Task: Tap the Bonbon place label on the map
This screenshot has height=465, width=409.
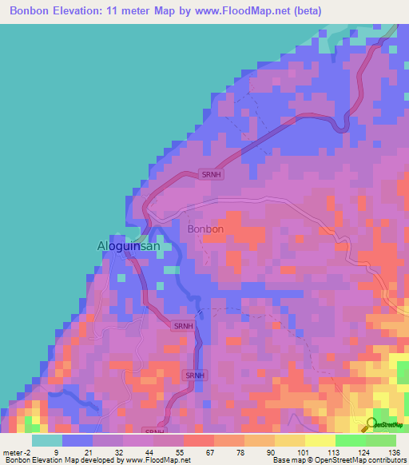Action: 205,229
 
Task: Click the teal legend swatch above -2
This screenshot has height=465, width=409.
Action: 47,440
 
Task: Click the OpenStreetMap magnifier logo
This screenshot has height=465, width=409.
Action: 370,423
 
